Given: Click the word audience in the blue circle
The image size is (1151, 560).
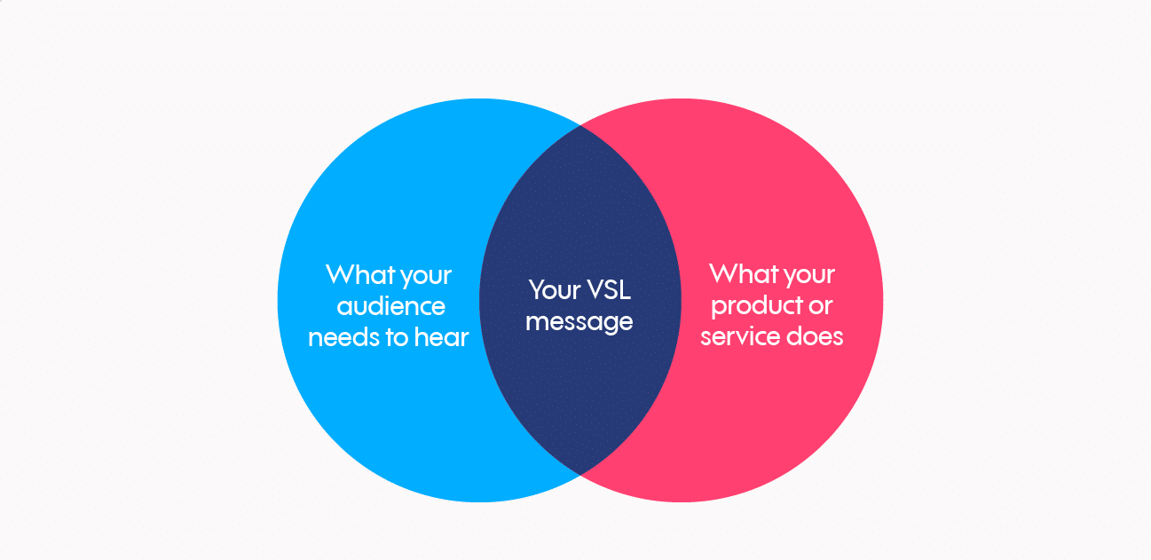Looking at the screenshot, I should pos(389,306).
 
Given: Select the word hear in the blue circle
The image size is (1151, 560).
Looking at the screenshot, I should pos(440,337).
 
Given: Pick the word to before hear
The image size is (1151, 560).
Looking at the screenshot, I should pos(397,338).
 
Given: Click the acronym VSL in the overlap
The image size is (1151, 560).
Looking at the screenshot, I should pos(607,289).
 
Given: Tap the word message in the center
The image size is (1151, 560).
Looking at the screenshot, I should pos(579,321).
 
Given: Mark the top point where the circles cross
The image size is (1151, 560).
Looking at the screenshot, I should pos(580,125).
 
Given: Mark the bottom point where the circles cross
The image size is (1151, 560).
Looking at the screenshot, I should pos(580,475).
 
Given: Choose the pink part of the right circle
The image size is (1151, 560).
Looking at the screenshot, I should pos(781,195).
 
